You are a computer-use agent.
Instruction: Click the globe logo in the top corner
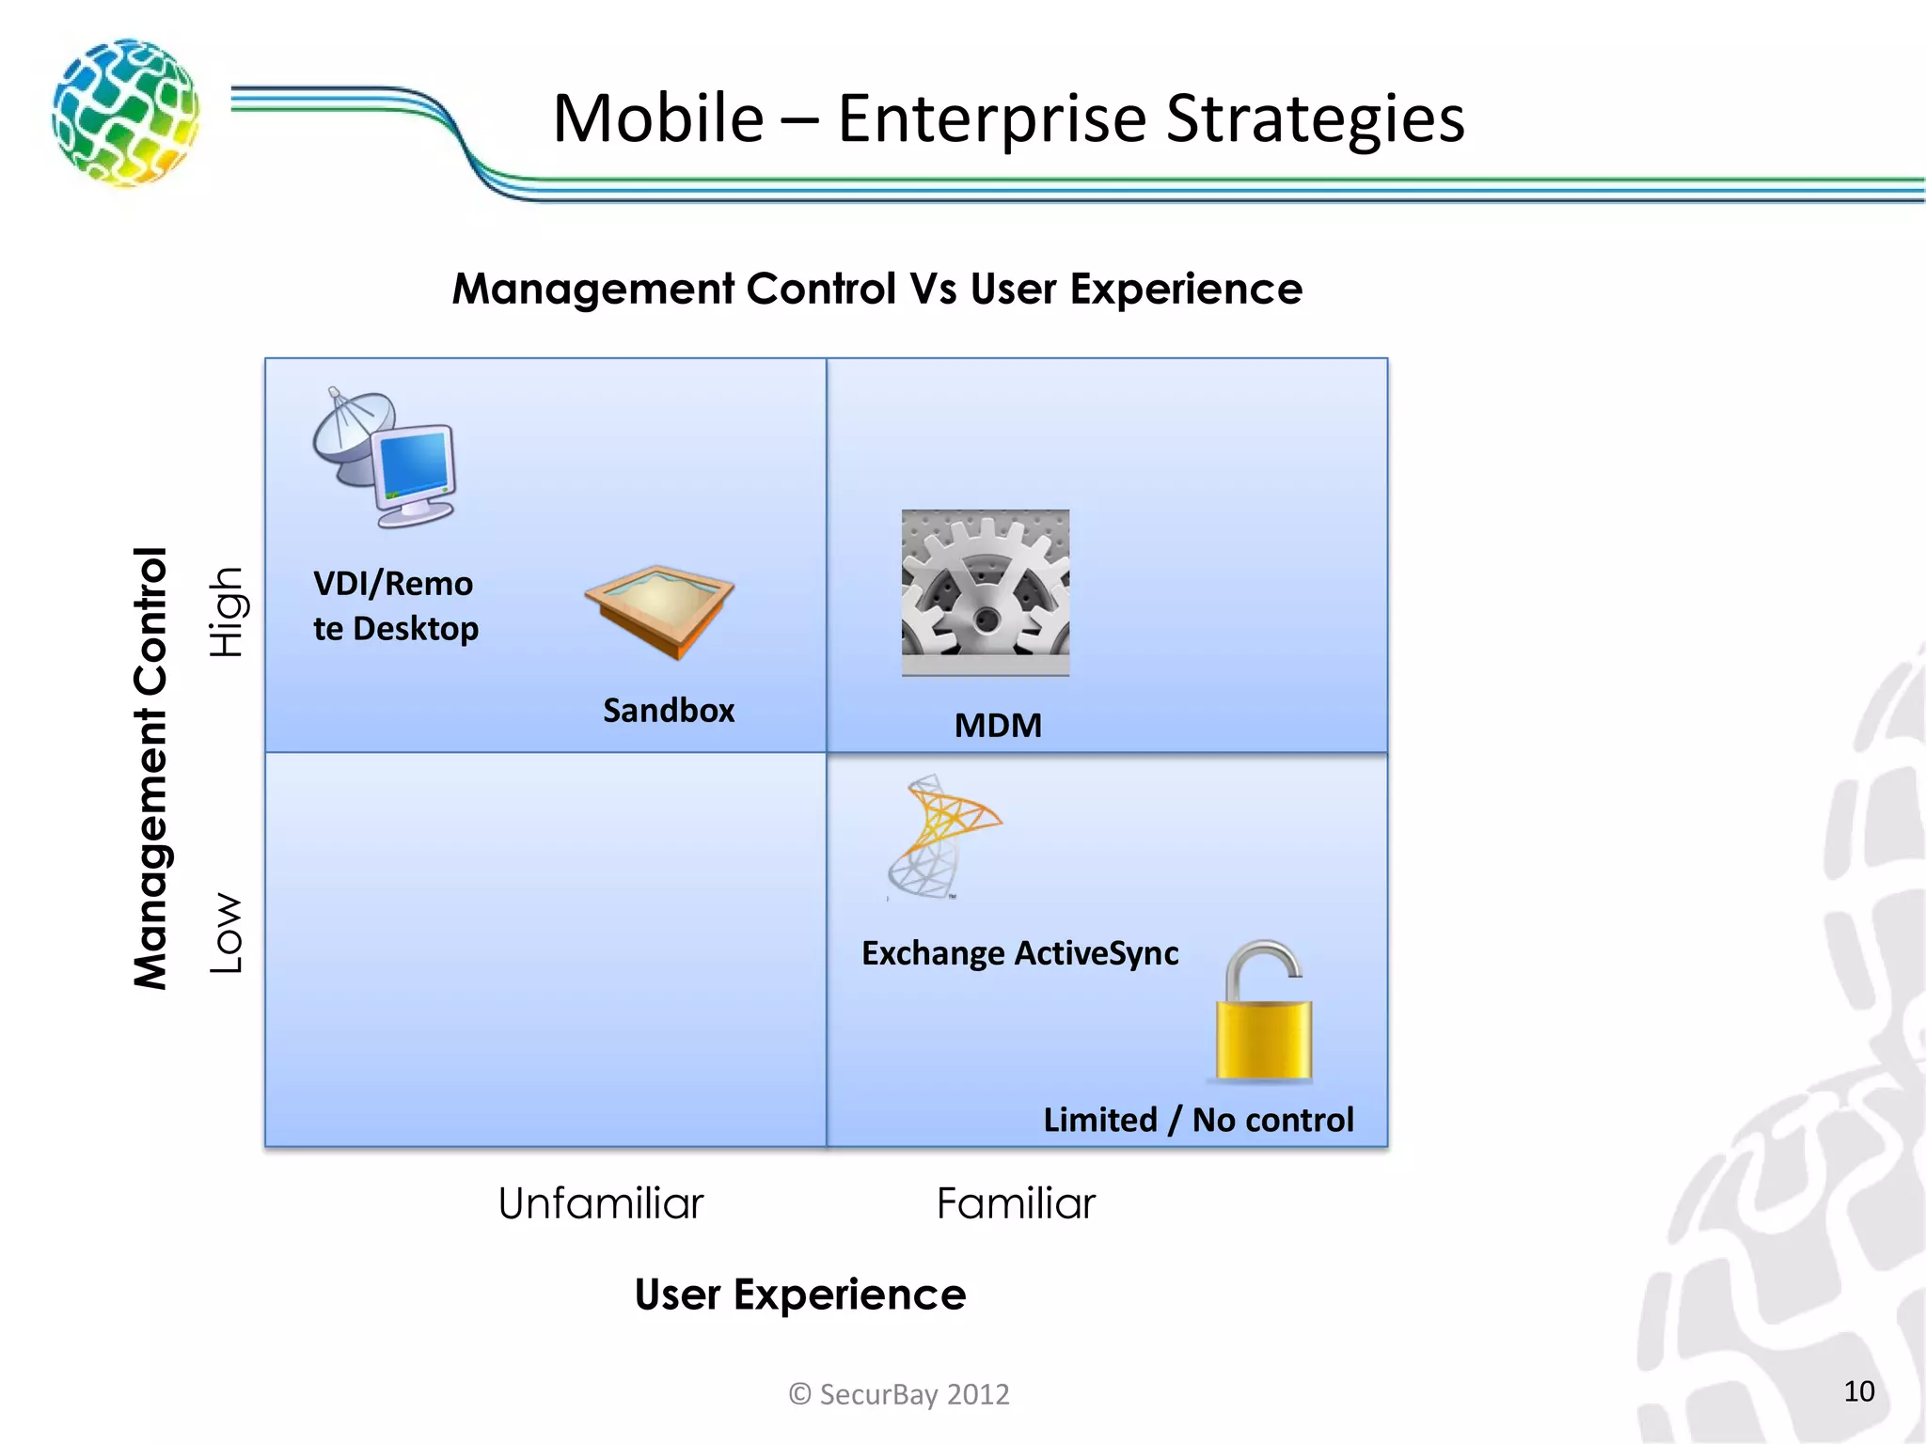(x=125, y=112)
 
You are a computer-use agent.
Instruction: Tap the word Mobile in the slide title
(x=657, y=119)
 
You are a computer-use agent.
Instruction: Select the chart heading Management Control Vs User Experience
(x=876, y=289)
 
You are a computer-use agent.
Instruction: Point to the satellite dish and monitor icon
(x=386, y=458)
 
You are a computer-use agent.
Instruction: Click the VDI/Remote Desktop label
(x=395, y=605)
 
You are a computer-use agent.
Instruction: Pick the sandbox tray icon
(x=659, y=611)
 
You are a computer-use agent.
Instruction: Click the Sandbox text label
(x=669, y=711)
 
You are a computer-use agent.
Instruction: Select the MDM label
(x=998, y=726)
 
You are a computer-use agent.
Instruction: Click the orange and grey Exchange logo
(x=940, y=836)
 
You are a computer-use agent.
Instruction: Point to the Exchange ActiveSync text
(x=1019, y=953)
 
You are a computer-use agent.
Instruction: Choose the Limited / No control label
(x=1198, y=1120)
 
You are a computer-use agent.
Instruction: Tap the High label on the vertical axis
(x=227, y=612)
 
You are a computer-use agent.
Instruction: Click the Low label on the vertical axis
(x=227, y=933)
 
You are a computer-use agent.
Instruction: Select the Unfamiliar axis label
(x=600, y=1203)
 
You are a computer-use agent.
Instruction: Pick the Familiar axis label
(x=1016, y=1203)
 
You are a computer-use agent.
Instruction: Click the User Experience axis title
(x=799, y=1295)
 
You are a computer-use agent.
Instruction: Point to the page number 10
(x=1858, y=1391)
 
